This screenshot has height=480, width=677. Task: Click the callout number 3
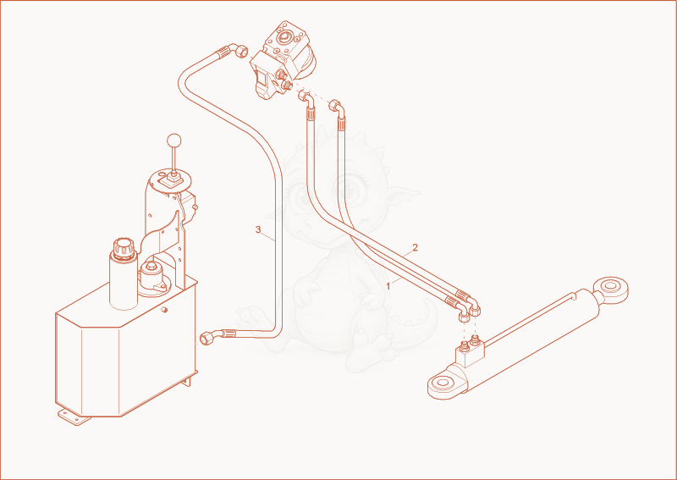tap(258, 229)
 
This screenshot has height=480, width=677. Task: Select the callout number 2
tap(415, 247)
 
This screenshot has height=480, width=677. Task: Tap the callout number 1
tap(388, 286)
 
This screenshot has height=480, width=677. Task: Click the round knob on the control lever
tap(174, 141)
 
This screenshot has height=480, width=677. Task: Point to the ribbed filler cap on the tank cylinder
tap(124, 248)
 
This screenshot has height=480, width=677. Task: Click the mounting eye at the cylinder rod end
tap(610, 289)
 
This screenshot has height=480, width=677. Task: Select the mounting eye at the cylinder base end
tap(444, 383)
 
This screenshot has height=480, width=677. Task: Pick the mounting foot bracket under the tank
tap(74, 417)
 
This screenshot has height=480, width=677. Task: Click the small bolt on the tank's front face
tap(164, 309)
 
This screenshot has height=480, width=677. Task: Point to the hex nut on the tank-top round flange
tap(151, 267)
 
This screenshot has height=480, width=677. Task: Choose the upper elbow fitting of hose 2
tap(337, 108)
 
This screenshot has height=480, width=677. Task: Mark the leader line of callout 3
tap(268, 237)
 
